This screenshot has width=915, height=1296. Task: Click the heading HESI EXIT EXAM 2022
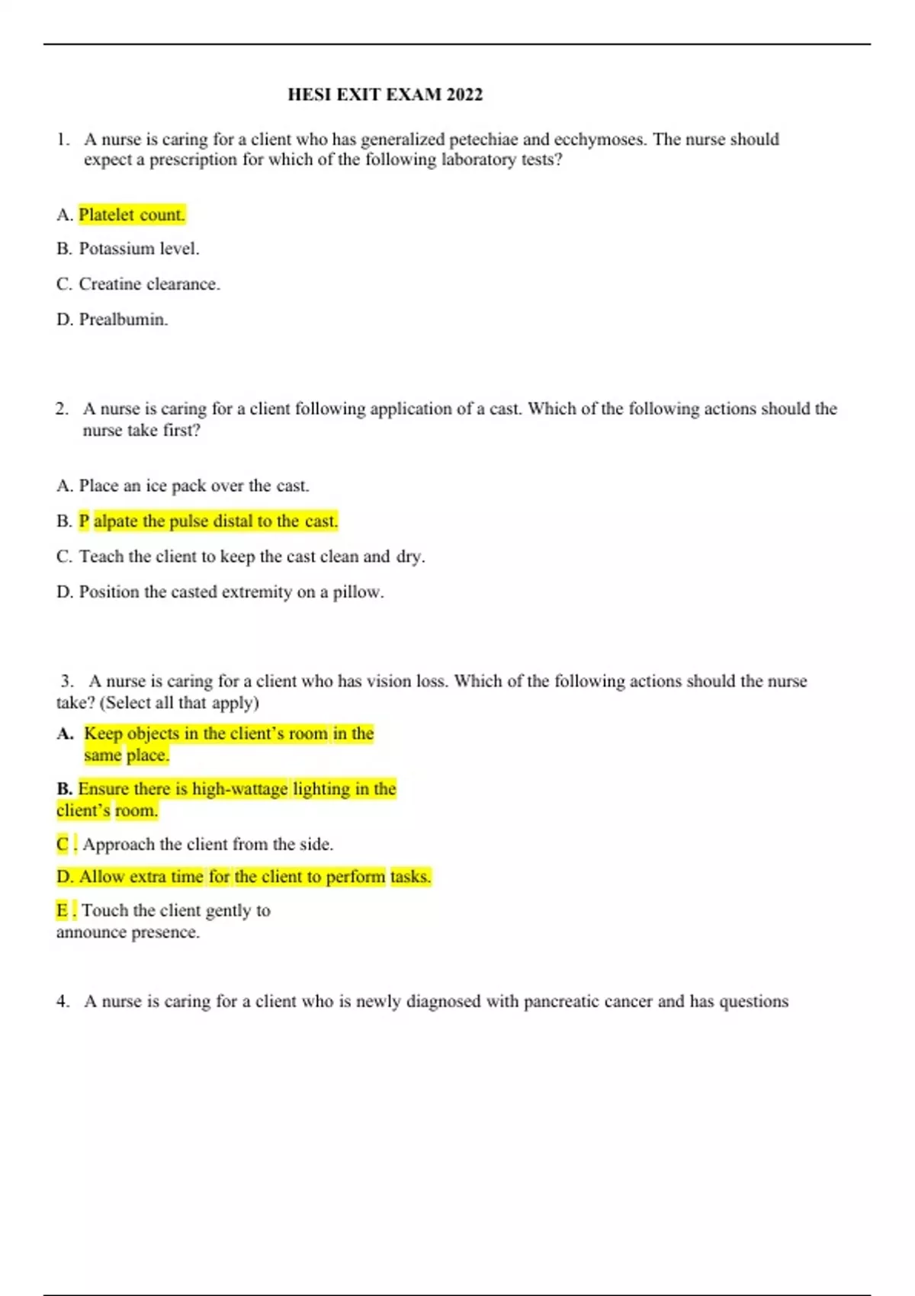tap(384, 95)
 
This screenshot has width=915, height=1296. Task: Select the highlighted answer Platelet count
tap(132, 215)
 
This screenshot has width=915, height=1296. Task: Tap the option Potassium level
tap(139, 249)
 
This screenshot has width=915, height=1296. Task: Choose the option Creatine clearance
tap(149, 284)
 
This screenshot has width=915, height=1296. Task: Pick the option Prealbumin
tap(123, 319)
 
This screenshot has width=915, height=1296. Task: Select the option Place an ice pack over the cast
tap(194, 486)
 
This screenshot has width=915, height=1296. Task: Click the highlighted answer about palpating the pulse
tap(208, 521)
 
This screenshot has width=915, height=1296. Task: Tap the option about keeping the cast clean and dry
tap(252, 557)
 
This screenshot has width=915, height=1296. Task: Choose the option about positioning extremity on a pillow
tap(231, 592)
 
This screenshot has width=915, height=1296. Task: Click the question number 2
tap(61, 409)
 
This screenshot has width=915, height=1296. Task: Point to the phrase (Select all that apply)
tap(179, 702)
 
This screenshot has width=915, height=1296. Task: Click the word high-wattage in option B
tap(239, 788)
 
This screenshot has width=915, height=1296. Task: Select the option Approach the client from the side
tap(207, 844)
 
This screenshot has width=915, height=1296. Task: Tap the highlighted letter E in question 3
tap(62, 910)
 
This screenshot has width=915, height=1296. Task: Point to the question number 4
tap(62, 1001)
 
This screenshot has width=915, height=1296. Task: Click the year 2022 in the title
tap(464, 95)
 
